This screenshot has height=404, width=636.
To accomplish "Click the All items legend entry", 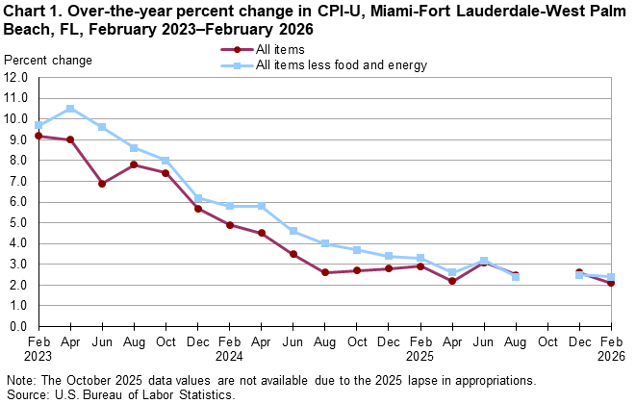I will pos(279,49).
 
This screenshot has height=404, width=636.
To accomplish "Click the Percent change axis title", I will pos(48,61).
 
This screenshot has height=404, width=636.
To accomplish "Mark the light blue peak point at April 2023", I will pos(70,109).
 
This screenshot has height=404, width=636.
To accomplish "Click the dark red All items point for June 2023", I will pos(102,183).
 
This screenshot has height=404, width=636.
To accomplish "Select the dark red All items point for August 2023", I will pos(134,164).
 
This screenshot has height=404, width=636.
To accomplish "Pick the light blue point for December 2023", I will pos(197,197).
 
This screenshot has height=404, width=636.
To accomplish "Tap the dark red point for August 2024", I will pos(324,272).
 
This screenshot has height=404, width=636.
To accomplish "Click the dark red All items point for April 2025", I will pos(452,281).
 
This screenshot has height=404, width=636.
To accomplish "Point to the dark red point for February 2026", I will pos(611,283).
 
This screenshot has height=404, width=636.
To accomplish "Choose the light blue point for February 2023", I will pos(38,125).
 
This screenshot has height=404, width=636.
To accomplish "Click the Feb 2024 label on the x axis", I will pos(229,348).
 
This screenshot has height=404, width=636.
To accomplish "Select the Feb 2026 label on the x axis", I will pos(611,348).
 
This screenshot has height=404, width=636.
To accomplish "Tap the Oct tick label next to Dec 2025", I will pos(547,341).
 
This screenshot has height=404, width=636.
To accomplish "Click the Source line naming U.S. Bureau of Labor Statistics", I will pos(119,394).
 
